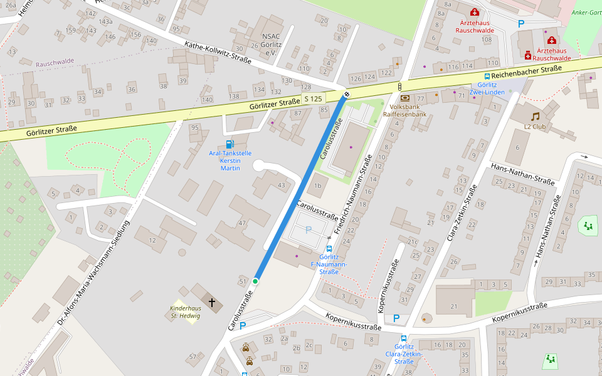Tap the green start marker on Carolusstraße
[x=255, y=281]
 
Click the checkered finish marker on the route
[x=346, y=95]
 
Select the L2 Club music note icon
[x=535, y=117]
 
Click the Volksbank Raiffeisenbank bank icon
[x=404, y=98]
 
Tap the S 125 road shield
[x=313, y=99]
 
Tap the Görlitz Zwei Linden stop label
[x=491, y=88]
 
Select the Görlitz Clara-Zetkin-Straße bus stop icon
[x=404, y=338]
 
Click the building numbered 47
[x=242, y=222]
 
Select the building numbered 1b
[x=318, y=185]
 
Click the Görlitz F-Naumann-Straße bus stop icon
[x=329, y=248]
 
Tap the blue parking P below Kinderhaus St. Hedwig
[x=243, y=326]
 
